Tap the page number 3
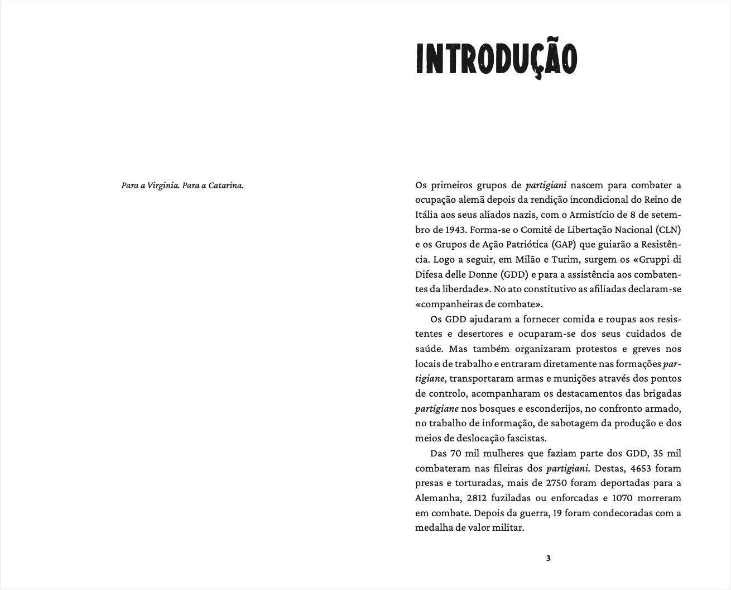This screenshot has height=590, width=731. click(x=548, y=558)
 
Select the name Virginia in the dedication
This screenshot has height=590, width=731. click(x=162, y=185)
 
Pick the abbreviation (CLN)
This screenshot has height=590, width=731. click(x=669, y=230)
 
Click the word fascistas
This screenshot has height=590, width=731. click(x=527, y=438)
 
